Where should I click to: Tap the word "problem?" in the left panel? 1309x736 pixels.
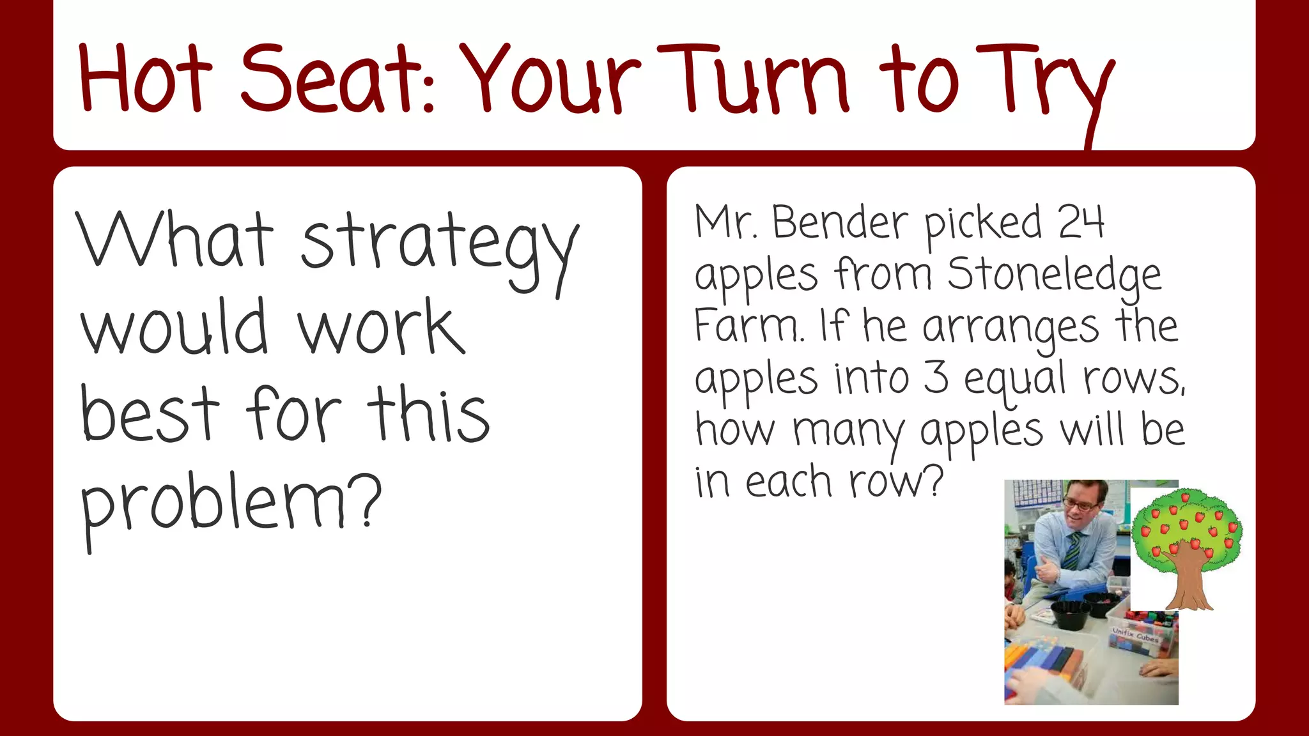pyautogui.click(x=230, y=505)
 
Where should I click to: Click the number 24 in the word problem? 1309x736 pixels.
pyautogui.click(x=1081, y=222)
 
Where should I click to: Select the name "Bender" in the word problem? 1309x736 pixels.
pyautogui.click(x=840, y=222)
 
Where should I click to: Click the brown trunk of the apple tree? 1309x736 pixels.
pyautogui.click(x=1189, y=578)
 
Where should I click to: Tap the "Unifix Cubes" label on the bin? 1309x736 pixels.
pyautogui.click(x=1136, y=635)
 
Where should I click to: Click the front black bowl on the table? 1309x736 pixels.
pyautogui.click(x=1071, y=614)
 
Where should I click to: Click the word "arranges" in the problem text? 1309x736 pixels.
pyautogui.click(x=1011, y=327)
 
